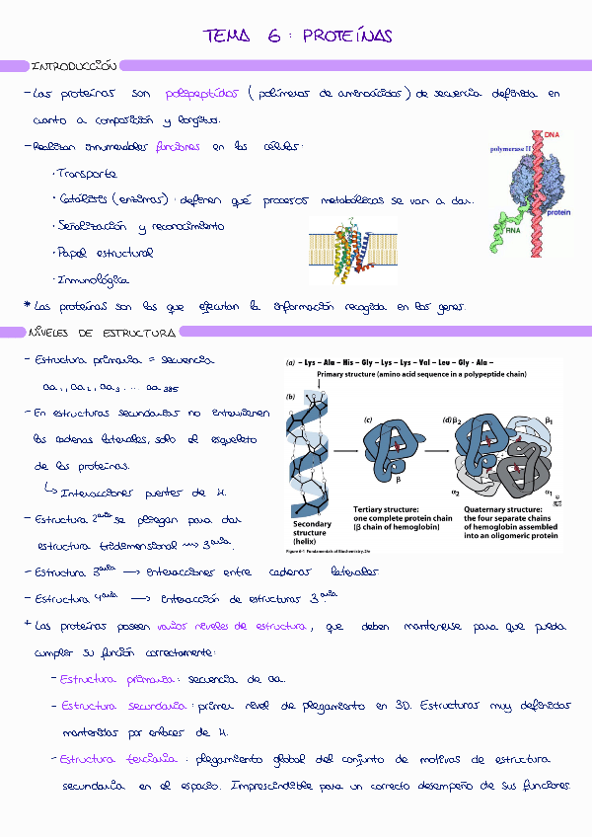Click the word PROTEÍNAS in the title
click(347, 37)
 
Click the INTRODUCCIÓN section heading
click(74, 66)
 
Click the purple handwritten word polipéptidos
click(202, 94)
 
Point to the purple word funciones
click(178, 147)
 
